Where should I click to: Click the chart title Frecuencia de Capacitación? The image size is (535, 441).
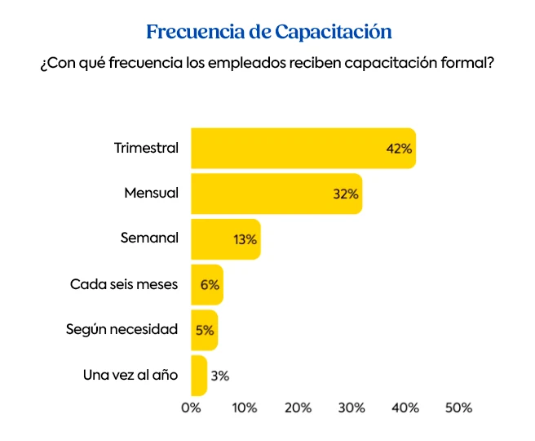click(x=269, y=32)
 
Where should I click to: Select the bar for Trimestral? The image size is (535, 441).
click(x=303, y=149)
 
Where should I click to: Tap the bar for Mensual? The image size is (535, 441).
click(x=276, y=194)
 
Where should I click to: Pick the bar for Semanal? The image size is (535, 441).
click(x=225, y=239)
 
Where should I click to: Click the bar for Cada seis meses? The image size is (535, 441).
click(x=206, y=285)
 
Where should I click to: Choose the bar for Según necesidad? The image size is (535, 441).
click(x=204, y=330)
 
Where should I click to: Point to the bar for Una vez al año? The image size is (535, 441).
click(x=198, y=376)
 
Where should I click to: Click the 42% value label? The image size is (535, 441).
click(x=399, y=149)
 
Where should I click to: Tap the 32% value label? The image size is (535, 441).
click(x=345, y=194)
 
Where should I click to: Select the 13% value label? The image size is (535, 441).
click(x=245, y=240)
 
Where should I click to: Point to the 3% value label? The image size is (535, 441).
click(x=219, y=376)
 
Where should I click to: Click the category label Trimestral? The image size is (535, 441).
click(x=146, y=149)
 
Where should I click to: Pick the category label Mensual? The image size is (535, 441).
click(x=151, y=194)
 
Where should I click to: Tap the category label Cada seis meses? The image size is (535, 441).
click(x=124, y=285)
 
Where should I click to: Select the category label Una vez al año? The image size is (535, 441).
click(x=130, y=376)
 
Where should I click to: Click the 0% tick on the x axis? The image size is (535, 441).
click(x=191, y=408)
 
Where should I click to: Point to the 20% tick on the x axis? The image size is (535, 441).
click(x=298, y=408)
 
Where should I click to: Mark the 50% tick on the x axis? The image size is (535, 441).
click(x=458, y=408)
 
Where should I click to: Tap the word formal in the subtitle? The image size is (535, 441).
click(x=467, y=63)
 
